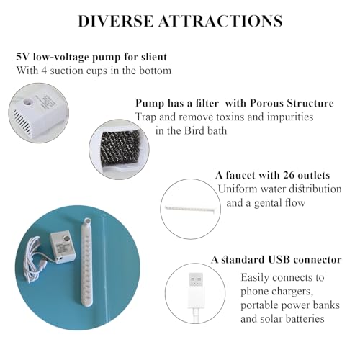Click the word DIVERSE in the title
pyautogui.click(x=115, y=21)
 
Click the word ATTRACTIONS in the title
pyautogui.click(x=220, y=21)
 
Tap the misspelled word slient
pyautogui.click(x=154, y=57)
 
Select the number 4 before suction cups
pyautogui.click(x=43, y=71)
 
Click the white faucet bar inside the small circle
pyautogui.click(x=192, y=208)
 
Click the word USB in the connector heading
pyautogui.click(x=279, y=259)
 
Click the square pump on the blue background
pyautogui.click(x=63, y=248)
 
